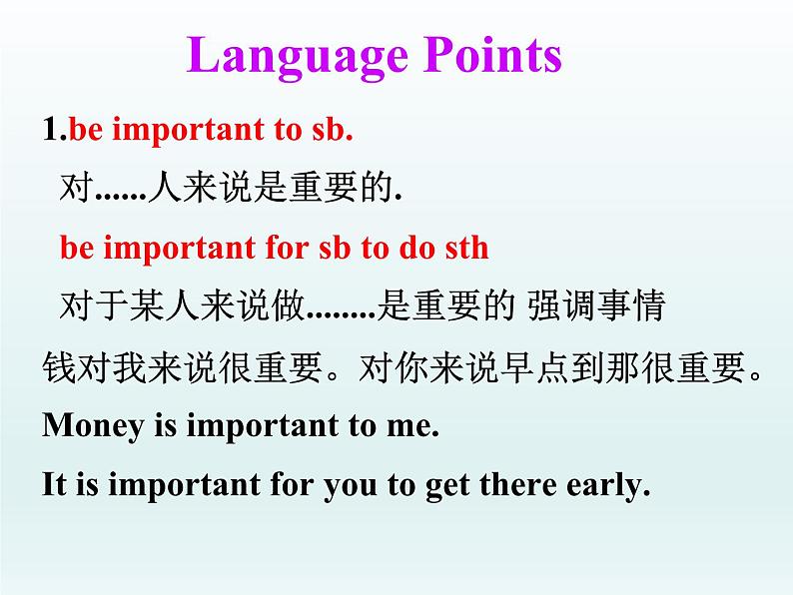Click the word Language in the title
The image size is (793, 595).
[298, 57]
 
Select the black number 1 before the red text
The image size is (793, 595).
[50, 129]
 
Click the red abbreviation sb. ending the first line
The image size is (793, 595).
[333, 129]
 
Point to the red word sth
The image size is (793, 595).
[466, 248]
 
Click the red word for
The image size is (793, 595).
[287, 248]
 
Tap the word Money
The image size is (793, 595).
[93, 426]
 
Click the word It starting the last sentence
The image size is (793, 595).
[55, 484]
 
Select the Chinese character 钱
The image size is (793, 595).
[59, 367]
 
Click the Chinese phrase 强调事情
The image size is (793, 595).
[596, 305]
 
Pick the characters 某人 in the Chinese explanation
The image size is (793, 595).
[164, 305]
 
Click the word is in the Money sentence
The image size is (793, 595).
[166, 425]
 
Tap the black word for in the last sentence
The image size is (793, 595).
[292, 484]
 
